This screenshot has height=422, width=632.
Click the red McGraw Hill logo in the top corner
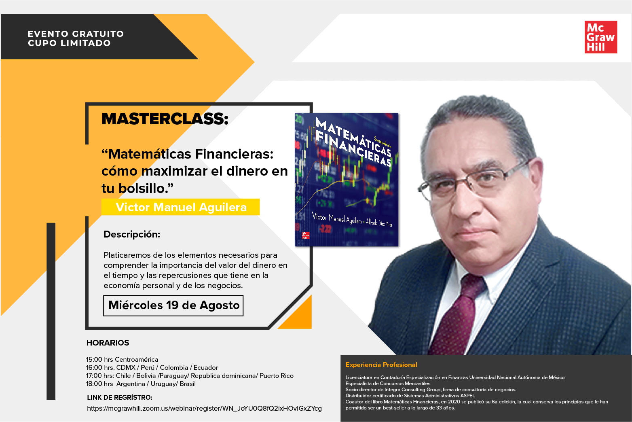601,37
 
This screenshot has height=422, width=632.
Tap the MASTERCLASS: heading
165,119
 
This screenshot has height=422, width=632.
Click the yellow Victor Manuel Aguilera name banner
181,207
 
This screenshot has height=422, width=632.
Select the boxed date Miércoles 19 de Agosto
173,305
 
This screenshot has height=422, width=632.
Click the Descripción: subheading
132,234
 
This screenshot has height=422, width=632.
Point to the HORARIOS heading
108,343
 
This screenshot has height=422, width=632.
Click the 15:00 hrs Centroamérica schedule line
122,359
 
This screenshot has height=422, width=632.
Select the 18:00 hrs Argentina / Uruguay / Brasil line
141,384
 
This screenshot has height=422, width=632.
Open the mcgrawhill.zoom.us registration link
204,409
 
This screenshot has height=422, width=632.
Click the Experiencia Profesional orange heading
381,365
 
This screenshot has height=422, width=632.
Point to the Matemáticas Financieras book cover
347,180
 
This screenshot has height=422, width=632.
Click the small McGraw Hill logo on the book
306,235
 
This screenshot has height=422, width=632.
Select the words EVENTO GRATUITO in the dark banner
76,34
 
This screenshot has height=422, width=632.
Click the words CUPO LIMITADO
69,43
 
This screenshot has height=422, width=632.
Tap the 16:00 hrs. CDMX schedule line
152,367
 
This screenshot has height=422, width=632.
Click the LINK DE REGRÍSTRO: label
120,397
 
